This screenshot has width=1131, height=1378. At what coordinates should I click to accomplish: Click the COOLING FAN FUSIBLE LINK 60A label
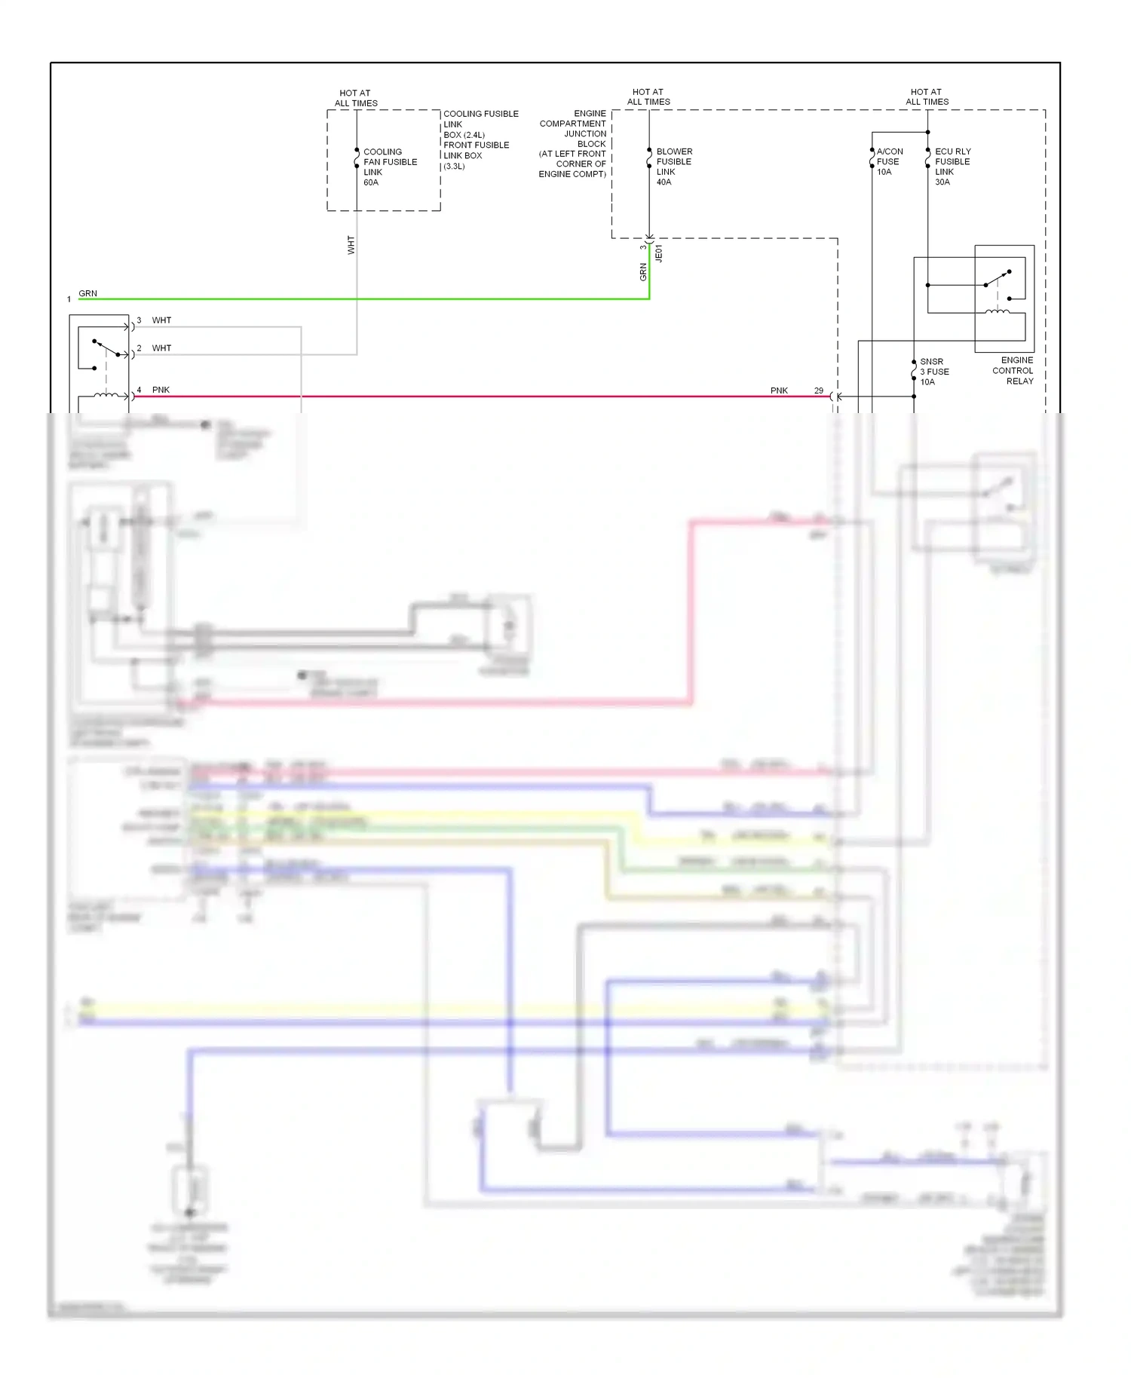click(x=389, y=167)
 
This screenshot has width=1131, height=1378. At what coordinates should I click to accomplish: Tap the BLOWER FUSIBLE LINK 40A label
click(x=673, y=167)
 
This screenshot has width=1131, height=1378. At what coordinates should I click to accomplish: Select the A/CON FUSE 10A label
click(x=889, y=161)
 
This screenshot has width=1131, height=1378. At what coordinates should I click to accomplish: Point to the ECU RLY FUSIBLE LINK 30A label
click(x=952, y=167)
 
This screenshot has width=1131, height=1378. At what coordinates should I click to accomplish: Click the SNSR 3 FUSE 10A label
click(x=933, y=372)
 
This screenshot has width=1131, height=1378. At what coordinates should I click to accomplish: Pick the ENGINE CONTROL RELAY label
click(x=1013, y=370)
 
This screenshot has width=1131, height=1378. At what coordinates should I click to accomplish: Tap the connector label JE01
click(x=659, y=253)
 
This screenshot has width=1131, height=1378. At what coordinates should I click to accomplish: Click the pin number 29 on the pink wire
click(x=818, y=390)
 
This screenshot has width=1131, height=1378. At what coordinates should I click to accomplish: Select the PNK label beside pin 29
click(x=779, y=390)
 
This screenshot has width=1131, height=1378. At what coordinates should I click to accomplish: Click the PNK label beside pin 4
click(x=161, y=390)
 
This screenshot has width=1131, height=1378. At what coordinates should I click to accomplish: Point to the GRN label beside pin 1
click(x=87, y=293)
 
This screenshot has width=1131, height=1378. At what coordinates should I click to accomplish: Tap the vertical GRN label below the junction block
click(x=643, y=272)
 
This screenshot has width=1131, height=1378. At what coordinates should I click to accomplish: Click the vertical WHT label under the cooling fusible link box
click(x=351, y=245)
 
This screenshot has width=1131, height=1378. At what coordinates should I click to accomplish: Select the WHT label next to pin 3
click(x=161, y=320)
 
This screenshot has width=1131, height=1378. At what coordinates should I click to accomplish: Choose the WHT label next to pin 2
click(x=161, y=348)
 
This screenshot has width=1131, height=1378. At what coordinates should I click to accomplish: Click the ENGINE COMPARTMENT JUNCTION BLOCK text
click(x=574, y=143)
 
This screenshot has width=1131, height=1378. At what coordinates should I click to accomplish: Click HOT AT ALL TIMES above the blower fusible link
click(x=648, y=96)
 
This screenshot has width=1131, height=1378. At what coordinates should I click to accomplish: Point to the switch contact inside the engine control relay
click(x=998, y=278)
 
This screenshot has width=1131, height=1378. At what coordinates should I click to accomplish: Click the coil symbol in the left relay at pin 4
click(x=106, y=394)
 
